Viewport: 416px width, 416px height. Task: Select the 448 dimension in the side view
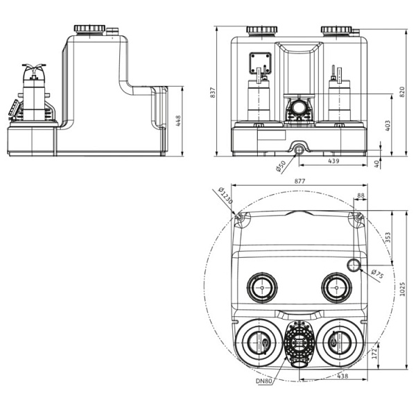pyautogui.click(x=179, y=121)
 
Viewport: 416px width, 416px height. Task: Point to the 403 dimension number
pyautogui.click(x=388, y=125)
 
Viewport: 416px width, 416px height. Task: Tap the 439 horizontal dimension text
pyautogui.click(x=333, y=161)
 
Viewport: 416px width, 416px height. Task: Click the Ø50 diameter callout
pyautogui.click(x=281, y=166)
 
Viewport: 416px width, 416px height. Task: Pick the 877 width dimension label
pyautogui.click(x=300, y=181)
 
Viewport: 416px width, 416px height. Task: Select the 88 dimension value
pyautogui.click(x=361, y=196)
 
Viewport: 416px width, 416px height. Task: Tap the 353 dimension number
pyautogui.click(x=388, y=237)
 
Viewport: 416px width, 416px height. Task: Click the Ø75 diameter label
pyautogui.click(x=376, y=275)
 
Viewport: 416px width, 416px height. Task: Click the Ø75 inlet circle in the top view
pyautogui.click(x=354, y=265)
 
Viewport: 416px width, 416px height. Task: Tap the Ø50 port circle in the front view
pyautogui.click(x=299, y=148)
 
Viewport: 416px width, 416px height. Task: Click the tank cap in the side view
pyautogui.click(x=89, y=29)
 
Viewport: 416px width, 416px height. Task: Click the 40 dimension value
pyautogui.click(x=376, y=164)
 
